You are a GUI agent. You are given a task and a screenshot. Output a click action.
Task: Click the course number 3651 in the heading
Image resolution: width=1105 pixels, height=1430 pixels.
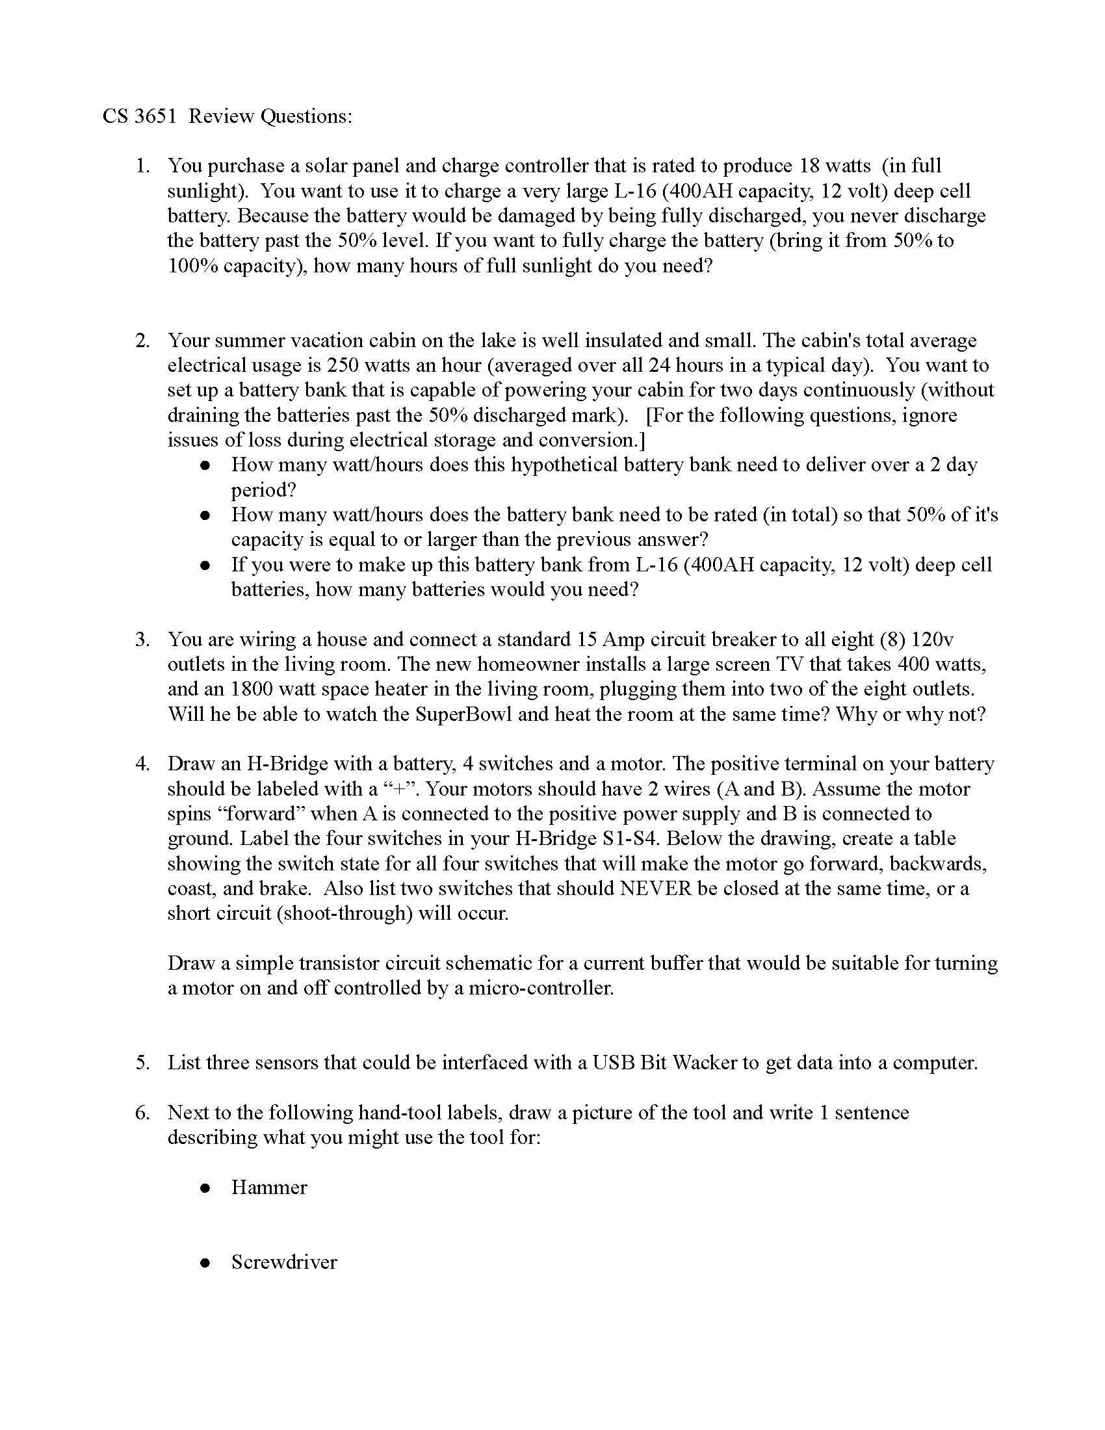pyautogui.click(x=155, y=116)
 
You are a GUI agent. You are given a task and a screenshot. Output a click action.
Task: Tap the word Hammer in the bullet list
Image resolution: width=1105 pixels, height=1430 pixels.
pyautogui.click(x=269, y=1187)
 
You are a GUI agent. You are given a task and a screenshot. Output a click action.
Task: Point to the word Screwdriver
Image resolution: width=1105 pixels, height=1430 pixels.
pyautogui.click(x=284, y=1262)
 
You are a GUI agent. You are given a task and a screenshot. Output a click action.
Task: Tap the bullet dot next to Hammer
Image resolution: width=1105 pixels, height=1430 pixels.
pyautogui.click(x=205, y=1188)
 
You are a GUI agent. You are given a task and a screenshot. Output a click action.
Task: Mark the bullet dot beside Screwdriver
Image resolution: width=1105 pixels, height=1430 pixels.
pyautogui.click(x=205, y=1263)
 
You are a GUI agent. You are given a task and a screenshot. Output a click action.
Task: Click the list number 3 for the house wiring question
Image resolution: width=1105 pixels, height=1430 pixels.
pyautogui.click(x=143, y=639)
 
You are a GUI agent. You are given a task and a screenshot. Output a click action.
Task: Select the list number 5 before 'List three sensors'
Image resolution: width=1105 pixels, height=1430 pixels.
pyautogui.click(x=143, y=1062)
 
